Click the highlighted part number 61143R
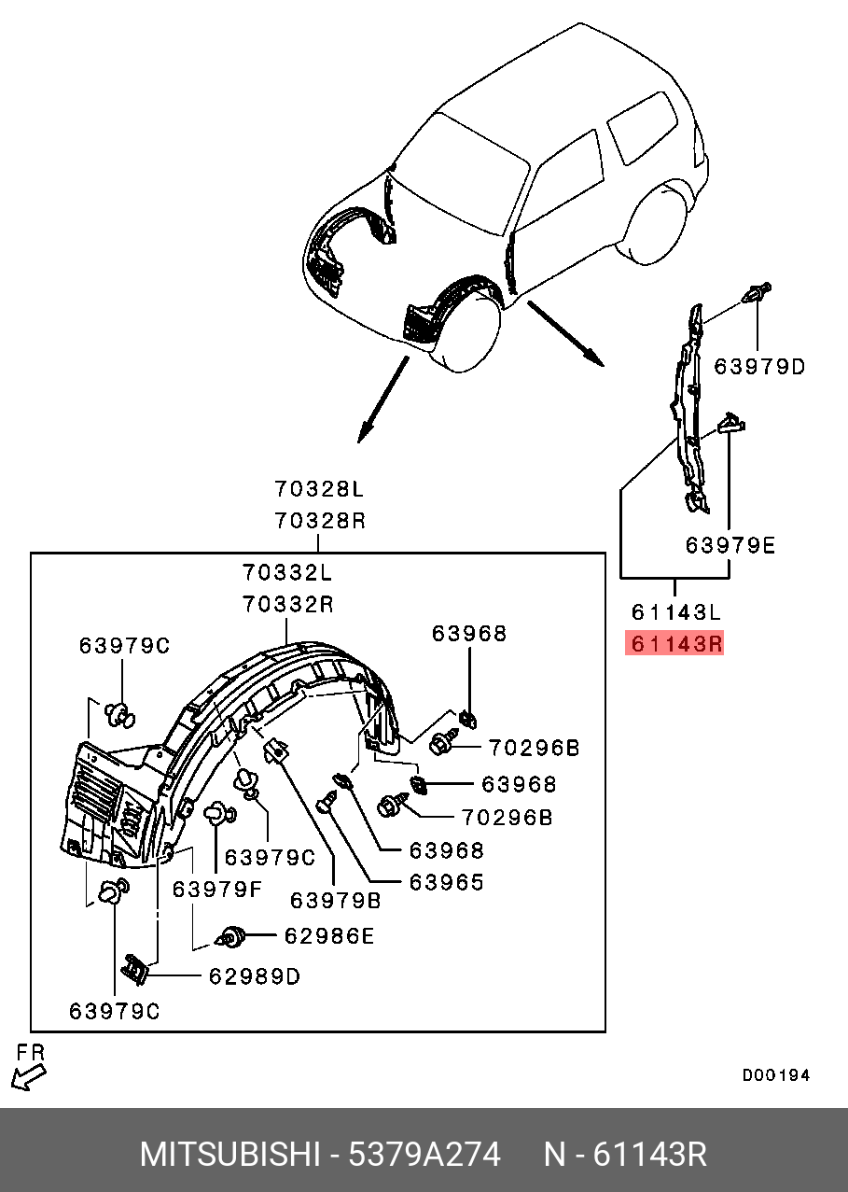point(674,644)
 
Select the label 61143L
point(675,612)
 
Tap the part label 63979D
point(759,367)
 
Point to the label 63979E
point(730,545)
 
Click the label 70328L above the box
point(319,488)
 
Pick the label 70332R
point(288,604)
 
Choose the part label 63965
point(446,882)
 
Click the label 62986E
point(329,935)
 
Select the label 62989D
point(255,976)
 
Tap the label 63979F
point(217,889)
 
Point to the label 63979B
point(336,901)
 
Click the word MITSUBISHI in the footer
point(229,1155)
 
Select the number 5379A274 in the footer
point(424,1155)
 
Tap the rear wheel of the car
point(658,224)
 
